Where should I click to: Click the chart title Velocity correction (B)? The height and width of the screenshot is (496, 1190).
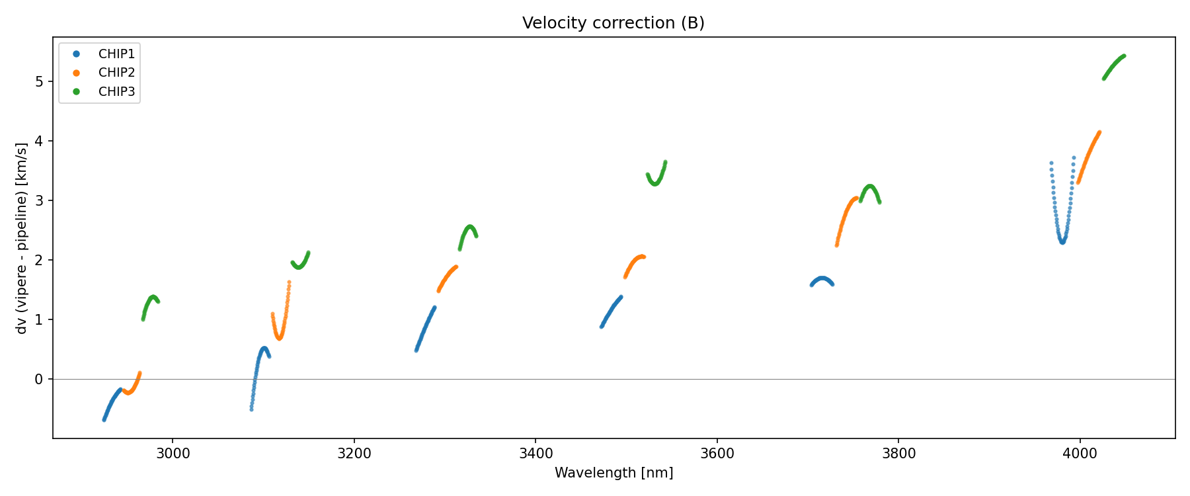click(613, 23)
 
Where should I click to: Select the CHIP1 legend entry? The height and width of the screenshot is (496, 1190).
click(116, 54)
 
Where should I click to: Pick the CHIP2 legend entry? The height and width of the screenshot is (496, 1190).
click(116, 73)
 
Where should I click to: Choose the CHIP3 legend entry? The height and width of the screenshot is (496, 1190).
click(116, 92)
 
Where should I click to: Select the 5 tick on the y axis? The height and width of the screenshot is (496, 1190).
click(39, 81)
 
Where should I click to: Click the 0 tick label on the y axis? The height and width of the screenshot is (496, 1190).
click(39, 379)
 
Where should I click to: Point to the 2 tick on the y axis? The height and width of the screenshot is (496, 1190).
click(39, 260)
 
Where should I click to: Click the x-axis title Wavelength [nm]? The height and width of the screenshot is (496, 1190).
click(614, 473)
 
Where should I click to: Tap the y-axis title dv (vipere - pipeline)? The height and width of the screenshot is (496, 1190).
click(22, 238)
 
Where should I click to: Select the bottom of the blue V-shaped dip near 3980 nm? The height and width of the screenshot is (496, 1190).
click(1062, 241)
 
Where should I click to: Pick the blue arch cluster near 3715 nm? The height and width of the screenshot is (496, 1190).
click(822, 280)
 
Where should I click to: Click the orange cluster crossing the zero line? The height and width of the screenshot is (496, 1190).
click(132, 388)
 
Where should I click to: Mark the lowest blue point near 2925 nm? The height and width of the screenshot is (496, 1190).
click(104, 419)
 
